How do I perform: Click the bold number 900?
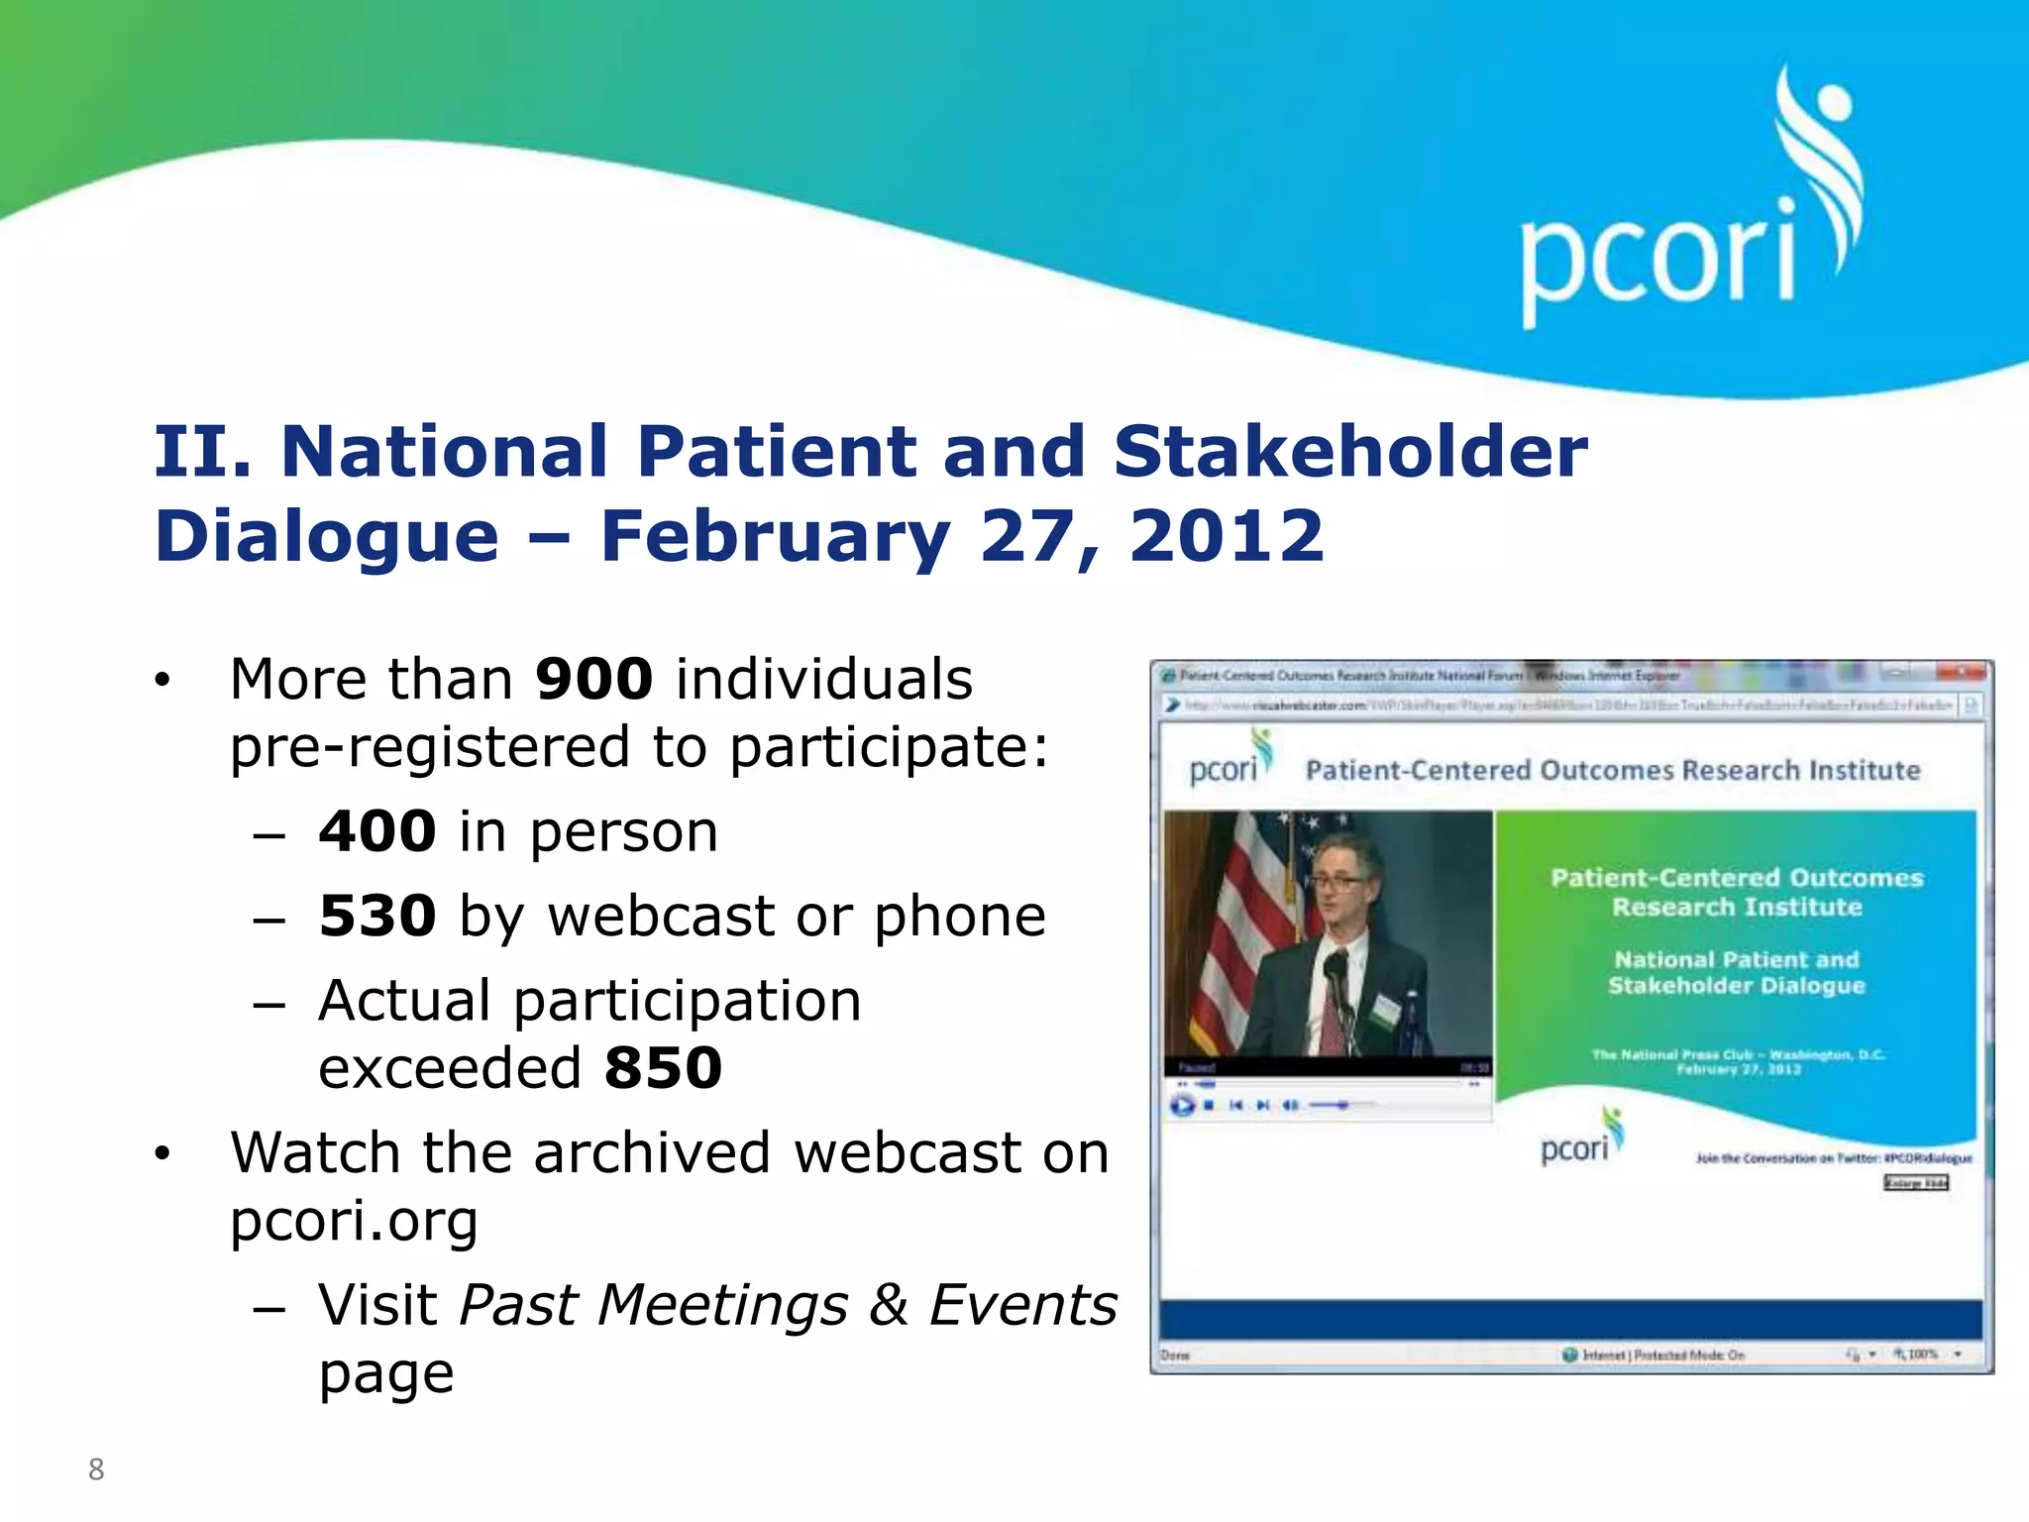(x=593, y=680)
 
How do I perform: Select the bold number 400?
(x=377, y=831)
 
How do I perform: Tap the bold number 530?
(x=377, y=916)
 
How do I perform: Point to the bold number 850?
(x=663, y=1068)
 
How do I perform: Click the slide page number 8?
(x=96, y=1469)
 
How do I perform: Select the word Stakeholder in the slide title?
(x=1349, y=452)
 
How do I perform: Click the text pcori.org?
(x=354, y=1221)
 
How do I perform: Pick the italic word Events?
(x=1022, y=1305)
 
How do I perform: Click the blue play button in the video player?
(x=1182, y=1105)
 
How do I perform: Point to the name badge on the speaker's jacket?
(x=1386, y=1010)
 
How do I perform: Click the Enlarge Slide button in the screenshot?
(x=1916, y=1183)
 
